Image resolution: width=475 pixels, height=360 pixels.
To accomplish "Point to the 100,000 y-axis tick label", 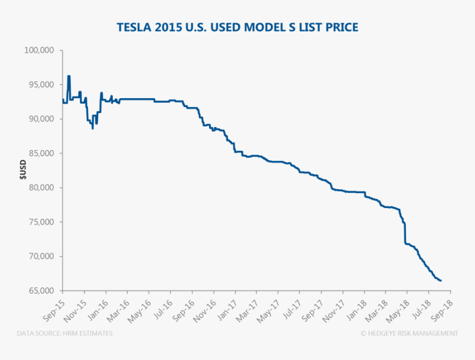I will (39, 50).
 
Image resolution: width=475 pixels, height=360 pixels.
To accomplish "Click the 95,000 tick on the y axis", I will (40, 84).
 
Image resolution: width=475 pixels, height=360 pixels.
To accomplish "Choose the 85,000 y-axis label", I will (40, 153).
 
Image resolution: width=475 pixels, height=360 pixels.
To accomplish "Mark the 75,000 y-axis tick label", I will (40, 222).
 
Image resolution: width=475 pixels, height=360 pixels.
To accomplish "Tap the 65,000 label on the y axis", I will (40, 291).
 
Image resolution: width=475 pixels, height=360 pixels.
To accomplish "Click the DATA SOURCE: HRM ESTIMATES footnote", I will (65, 333).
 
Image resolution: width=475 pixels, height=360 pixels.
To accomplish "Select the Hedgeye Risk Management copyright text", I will (409, 333).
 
